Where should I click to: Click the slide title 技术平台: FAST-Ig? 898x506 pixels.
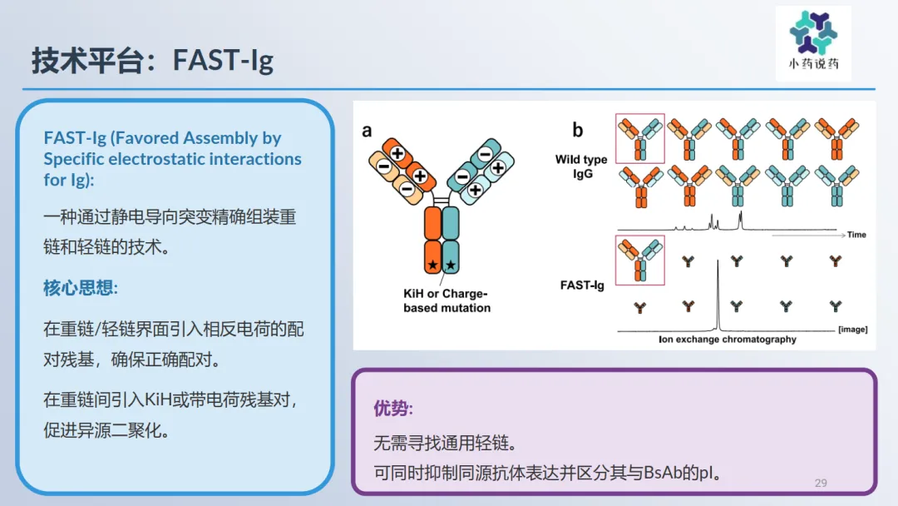pyautogui.click(x=152, y=60)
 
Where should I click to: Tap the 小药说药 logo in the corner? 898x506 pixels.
pyautogui.click(x=813, y=43)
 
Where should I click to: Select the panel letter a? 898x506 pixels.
pyautogui.click(x=368, y=131)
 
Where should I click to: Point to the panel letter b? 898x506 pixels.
pyautogui.click(x=578, y=130)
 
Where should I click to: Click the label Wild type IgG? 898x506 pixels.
pyautogui.click(x=581, y=166)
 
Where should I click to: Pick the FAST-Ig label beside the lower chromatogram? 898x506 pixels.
pyautogui.click(x=582, y=285)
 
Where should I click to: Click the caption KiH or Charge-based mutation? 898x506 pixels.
pyautogui.click(x=447, y=300)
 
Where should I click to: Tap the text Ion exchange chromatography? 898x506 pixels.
pyautogui.click(x=728, y=340)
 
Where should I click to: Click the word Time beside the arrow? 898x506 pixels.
pyautogui.click(x=856, y=235)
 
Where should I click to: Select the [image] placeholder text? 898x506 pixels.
pyautogui.click(x=853, y=329)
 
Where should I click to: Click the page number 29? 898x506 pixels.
pyautogui.click(x=821, y=483)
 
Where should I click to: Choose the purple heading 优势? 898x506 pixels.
pyautogui.click(x=392, y=408)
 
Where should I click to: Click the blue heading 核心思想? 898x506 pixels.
pyautogui.click(x=81, y=288)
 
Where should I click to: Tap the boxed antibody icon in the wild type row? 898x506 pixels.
pyautogui.click(x=640, y=139)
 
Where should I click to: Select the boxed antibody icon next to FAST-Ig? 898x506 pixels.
pyautogui.click(x=640, y=260)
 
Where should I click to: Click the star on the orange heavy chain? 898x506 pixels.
pyautogui.click(x=433, y=265)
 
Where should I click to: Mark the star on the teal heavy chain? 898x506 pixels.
pyautogui.click(x=451, y=265)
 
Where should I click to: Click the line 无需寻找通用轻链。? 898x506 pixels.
pyautogui.click(x=446, y=443)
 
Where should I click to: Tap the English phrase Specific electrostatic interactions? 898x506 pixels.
pyautogui.click(x=172, y=159)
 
